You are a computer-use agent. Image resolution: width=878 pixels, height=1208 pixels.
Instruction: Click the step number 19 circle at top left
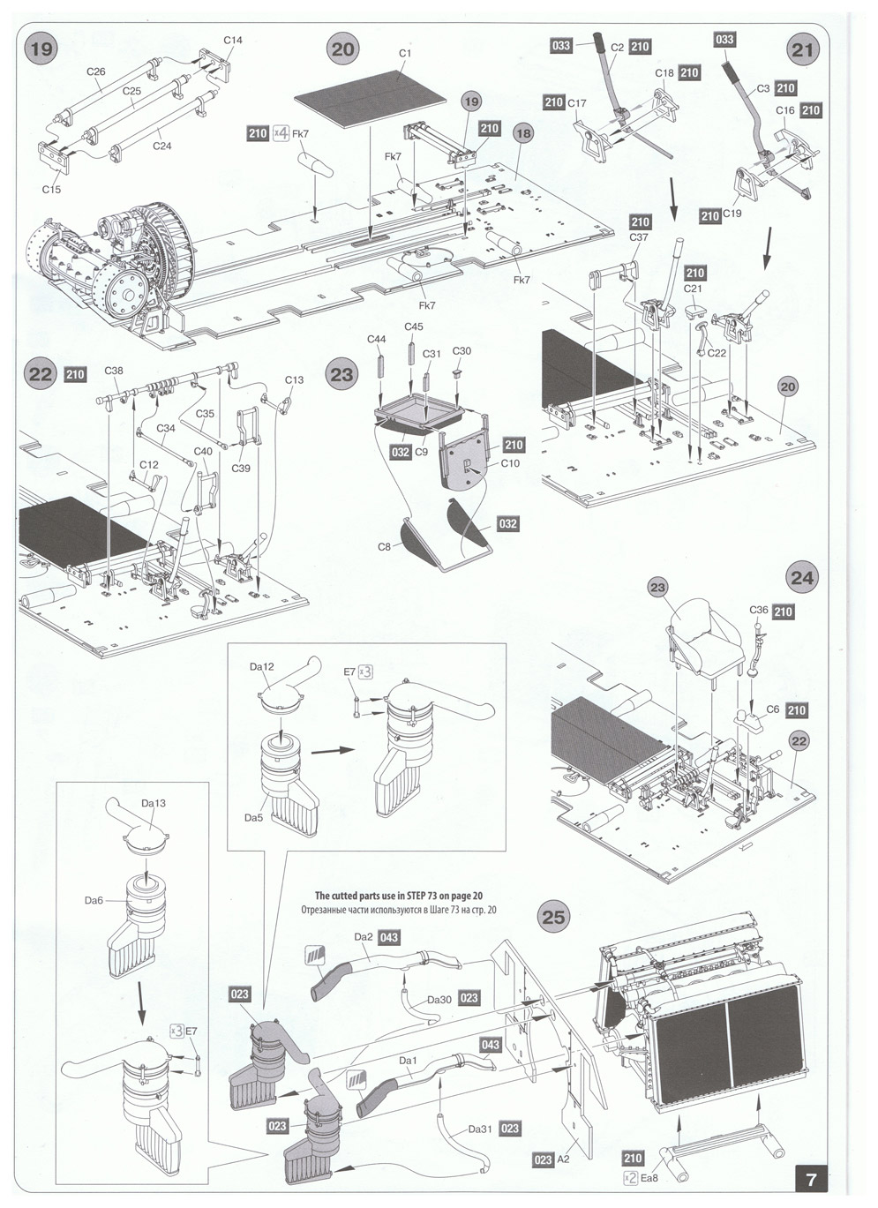coord(41,49)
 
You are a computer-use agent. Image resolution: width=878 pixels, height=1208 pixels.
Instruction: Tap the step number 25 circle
coord(552,917)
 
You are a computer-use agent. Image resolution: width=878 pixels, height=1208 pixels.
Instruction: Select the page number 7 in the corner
coord(811,1178)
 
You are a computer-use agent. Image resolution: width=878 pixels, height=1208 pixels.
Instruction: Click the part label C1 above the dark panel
coord(405,53)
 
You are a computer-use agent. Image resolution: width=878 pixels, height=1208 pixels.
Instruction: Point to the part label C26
coord(96,71)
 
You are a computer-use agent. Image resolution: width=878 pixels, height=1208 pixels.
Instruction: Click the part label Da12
coord(261,667)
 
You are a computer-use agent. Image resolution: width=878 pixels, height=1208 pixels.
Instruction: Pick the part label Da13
coord(154,803)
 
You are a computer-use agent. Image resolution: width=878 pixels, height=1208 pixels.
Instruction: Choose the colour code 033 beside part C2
coord(561,46)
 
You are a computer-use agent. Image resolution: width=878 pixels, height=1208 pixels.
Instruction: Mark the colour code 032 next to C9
coord(401,452)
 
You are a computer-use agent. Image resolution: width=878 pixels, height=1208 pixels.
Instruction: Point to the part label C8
coord(384,547)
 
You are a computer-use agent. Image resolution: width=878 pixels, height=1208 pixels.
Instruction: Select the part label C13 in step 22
coord(294,380)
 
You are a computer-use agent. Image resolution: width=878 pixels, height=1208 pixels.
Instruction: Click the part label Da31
coord(480,1129)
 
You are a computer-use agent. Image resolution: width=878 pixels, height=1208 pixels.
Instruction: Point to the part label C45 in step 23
coord(414,326)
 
